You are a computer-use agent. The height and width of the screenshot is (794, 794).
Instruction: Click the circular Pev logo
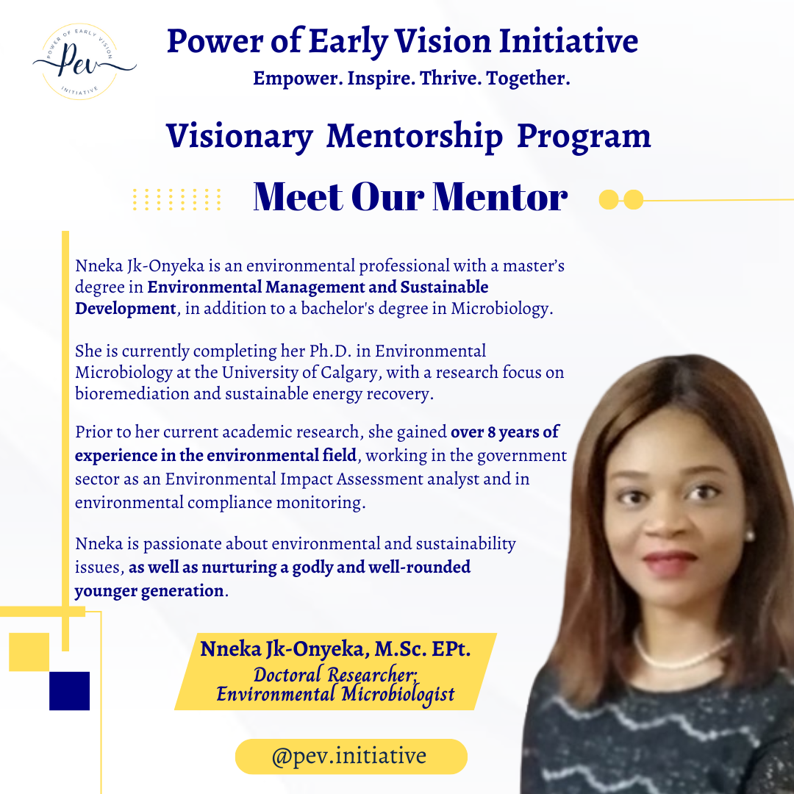(80, 62)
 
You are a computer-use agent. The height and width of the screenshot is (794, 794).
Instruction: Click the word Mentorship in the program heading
(414, 136)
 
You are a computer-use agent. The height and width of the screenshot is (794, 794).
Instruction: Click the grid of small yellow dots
(176, 199)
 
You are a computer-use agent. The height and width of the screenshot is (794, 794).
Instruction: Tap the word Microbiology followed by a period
(502, 308)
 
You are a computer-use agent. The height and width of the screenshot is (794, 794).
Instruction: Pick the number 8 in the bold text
(491, 432)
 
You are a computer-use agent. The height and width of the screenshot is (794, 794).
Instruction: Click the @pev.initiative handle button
(351, 756)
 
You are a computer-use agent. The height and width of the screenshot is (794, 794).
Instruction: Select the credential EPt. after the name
(451, 649)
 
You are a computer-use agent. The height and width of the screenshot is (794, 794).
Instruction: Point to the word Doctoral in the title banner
(287, 674)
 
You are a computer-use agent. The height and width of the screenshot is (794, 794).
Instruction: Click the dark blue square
(69, 690)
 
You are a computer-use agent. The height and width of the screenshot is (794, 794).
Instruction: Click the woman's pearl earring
(749, 535)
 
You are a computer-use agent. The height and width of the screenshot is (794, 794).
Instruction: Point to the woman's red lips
(670, 563)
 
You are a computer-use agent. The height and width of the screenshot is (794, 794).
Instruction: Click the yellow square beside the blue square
(29, 652)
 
